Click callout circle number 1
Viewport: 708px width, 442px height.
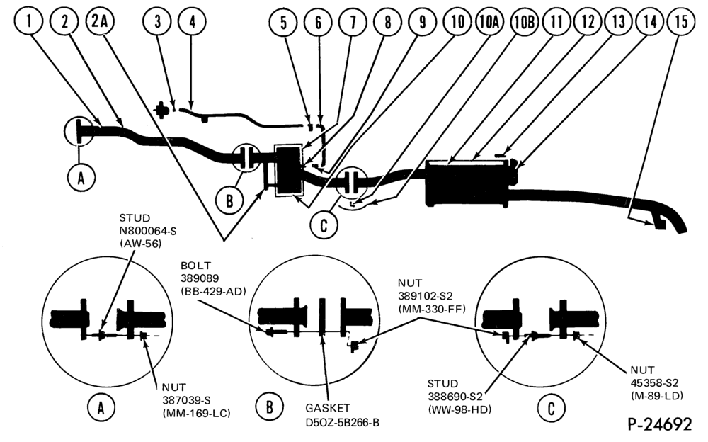[29, 21]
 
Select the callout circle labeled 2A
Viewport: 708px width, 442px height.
[100, 21]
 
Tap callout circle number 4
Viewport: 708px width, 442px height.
[193, 21]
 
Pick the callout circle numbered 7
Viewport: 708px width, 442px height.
[353, 21]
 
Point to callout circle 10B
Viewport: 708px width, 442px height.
[524, 21]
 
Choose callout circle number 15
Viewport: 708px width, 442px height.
[681, 21]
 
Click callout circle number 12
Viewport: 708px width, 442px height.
[588, 21]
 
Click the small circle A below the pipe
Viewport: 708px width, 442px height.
[81, 178]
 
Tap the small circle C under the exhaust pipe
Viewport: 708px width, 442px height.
[324, 224]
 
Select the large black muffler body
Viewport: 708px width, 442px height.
[469, 183]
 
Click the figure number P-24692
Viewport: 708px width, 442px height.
[659, 424]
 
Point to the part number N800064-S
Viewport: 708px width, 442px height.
[148, 231]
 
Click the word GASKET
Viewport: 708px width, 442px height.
[327, 408]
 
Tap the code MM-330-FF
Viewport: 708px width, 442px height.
[432, 309]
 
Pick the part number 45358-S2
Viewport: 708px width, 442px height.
[654, 382]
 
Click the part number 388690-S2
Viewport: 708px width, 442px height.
[455, 397]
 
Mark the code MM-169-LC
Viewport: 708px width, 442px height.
[196, 413]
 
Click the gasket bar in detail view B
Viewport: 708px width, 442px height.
[322, 317]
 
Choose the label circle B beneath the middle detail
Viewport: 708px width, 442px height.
[269, 407]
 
